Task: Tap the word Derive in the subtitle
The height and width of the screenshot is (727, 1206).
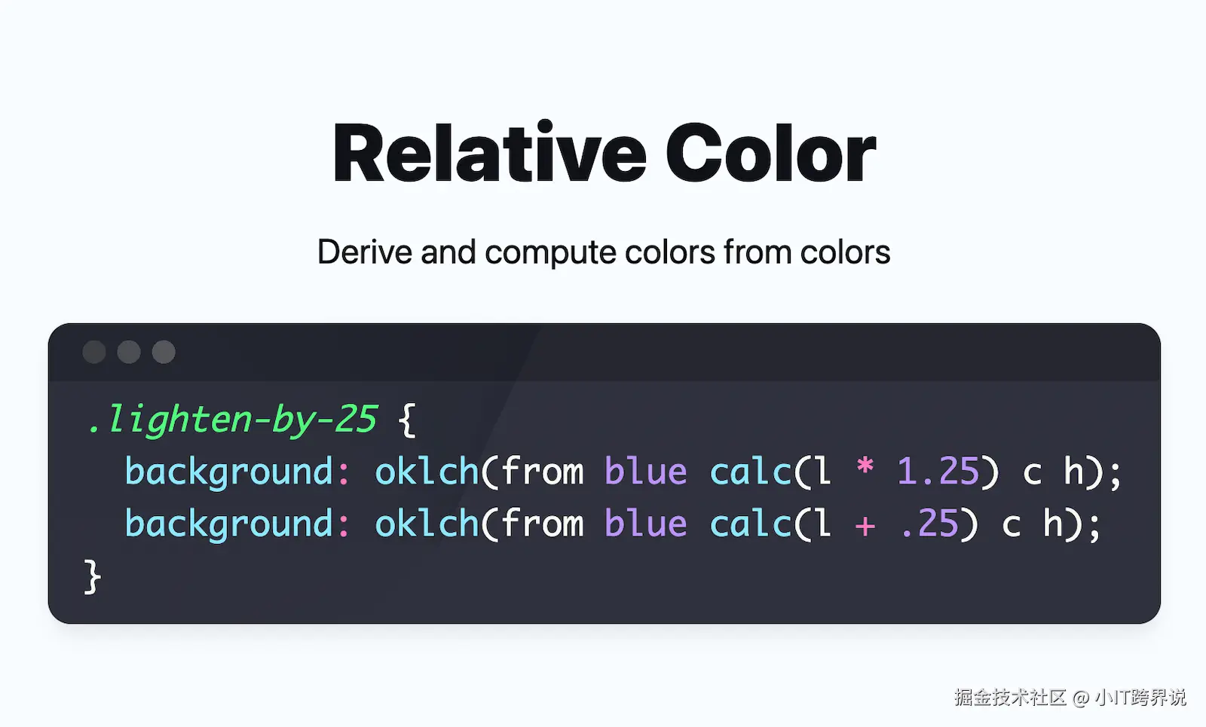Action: (365, 252)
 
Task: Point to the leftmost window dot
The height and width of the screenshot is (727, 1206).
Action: (94, 352)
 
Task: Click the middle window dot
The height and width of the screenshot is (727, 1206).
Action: (129, 352)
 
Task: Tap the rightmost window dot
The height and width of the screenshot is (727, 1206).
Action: (164, 352)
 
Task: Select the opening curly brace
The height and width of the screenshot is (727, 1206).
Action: (408, 420)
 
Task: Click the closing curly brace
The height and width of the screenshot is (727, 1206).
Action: (92, 576)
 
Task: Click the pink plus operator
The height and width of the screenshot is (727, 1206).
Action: (865, 525)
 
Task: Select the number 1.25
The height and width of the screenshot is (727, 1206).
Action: (938, 472)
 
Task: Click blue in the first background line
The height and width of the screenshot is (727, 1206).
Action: (645, 470)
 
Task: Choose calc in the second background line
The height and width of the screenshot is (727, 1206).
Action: (750, 523)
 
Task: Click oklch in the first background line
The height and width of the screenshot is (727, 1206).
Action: (427, 470)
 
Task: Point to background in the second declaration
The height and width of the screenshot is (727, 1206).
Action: (230, 524)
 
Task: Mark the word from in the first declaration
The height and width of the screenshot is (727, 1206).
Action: (542, 470)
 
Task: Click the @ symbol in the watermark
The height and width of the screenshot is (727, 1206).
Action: (1081, 698)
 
